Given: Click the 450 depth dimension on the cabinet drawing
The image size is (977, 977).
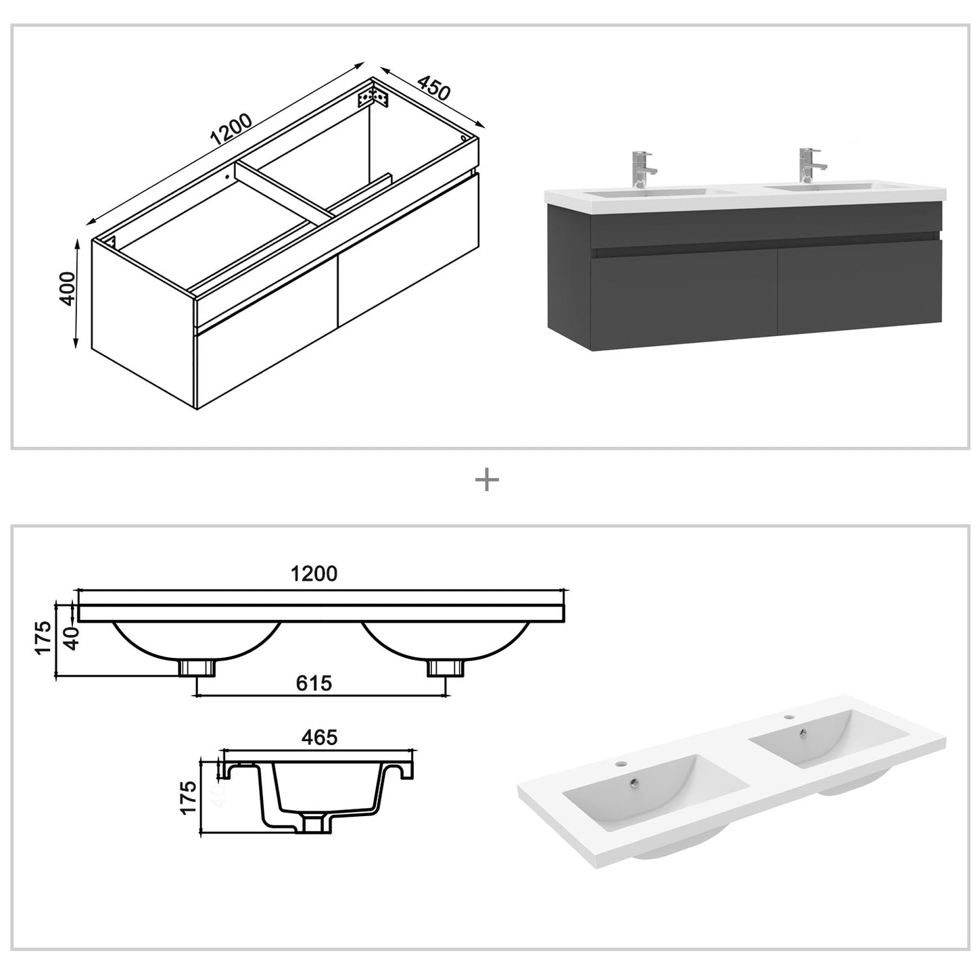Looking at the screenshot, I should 433,88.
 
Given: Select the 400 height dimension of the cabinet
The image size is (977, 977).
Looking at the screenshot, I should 68,289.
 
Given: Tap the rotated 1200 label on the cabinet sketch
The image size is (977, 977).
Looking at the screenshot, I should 231,130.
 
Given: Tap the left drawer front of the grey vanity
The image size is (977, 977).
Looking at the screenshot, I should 684,297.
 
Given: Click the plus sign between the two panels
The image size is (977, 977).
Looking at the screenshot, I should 487,481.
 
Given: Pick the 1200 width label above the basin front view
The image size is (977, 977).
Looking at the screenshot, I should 314,574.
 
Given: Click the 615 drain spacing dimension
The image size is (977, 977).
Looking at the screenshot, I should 314,684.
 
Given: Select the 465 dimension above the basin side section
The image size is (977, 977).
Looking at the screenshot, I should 319,737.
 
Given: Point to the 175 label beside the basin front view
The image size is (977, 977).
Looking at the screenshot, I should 43,638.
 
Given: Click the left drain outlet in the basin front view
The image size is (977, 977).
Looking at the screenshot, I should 197,668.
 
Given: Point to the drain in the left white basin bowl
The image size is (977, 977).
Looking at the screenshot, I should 634,783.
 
